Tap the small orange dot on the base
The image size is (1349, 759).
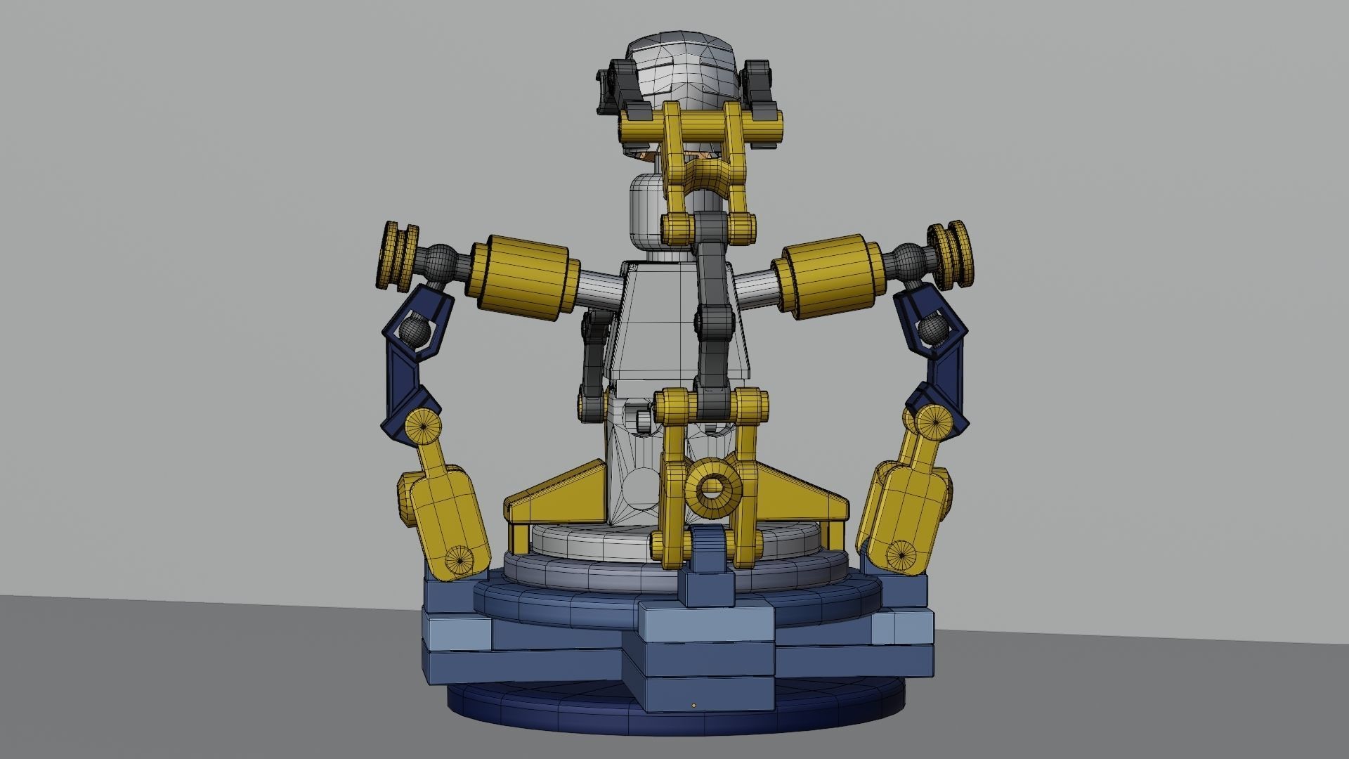coord(693,705)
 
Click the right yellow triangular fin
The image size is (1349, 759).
coord(801,493)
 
